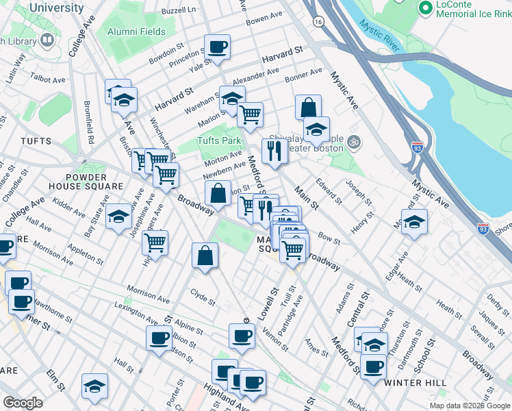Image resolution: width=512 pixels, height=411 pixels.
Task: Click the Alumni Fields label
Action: [x=136, y=32]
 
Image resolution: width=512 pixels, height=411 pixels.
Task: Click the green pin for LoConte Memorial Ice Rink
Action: [x=425, y=8]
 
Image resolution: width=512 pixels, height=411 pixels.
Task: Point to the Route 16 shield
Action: [x=318, y=22]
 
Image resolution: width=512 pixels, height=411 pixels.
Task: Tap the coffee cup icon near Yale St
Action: [x=218, y=47]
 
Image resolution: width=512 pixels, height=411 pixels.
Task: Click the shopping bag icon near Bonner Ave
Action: [x=308, y=107]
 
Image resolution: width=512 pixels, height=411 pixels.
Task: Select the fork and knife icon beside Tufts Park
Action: [x=274, y=150]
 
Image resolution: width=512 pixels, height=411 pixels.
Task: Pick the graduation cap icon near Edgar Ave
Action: [x=414, y=222]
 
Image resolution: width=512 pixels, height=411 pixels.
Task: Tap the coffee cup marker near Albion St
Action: [x=159, y=338]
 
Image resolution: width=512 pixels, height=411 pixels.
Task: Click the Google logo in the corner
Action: [x=23, y=402]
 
